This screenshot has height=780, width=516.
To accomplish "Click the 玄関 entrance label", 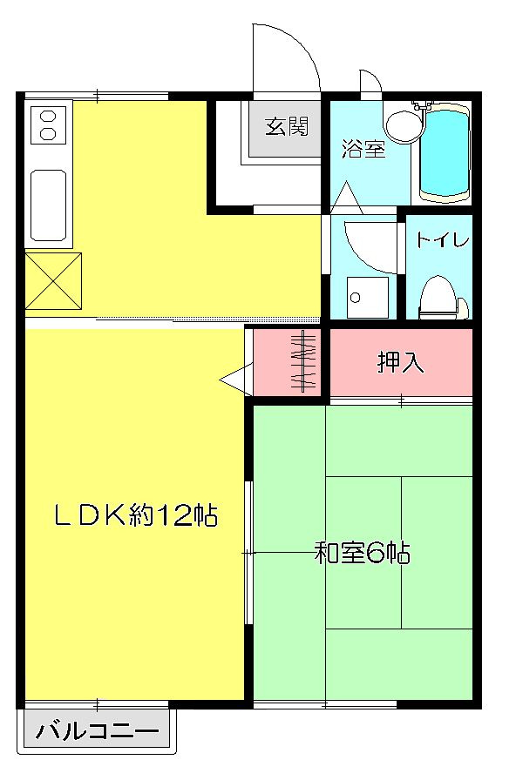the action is pyautogui.click(x=287, y=127).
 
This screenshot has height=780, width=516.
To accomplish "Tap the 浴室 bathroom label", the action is pyautogui.click(x=363, y=148).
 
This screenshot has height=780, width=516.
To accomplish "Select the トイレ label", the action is pyautogui.click(x=443, y=240).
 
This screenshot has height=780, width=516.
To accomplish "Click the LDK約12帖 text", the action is pyautogui.click(x=136, y=515).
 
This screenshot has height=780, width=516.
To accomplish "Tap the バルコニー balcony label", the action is pyautogui.click(x=97, y=731).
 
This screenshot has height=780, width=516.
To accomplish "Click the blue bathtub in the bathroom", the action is pyautogui.click(x=445, y=153).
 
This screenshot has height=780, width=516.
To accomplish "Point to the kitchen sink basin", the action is pyautogui.click(x=48, y=205).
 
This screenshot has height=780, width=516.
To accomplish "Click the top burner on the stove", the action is pyautogui.click(x=48, y=117).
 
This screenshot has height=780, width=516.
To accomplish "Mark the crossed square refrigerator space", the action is pyautogui.click(x=53, y=280).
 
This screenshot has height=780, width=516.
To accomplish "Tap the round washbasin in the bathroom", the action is pyautogui.click(x=404, y=126).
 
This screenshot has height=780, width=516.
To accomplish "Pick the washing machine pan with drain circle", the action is pyautogui.click(x=368, y=297).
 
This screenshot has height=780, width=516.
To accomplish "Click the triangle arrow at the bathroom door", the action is pyautogui.click(x=347, y=199).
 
